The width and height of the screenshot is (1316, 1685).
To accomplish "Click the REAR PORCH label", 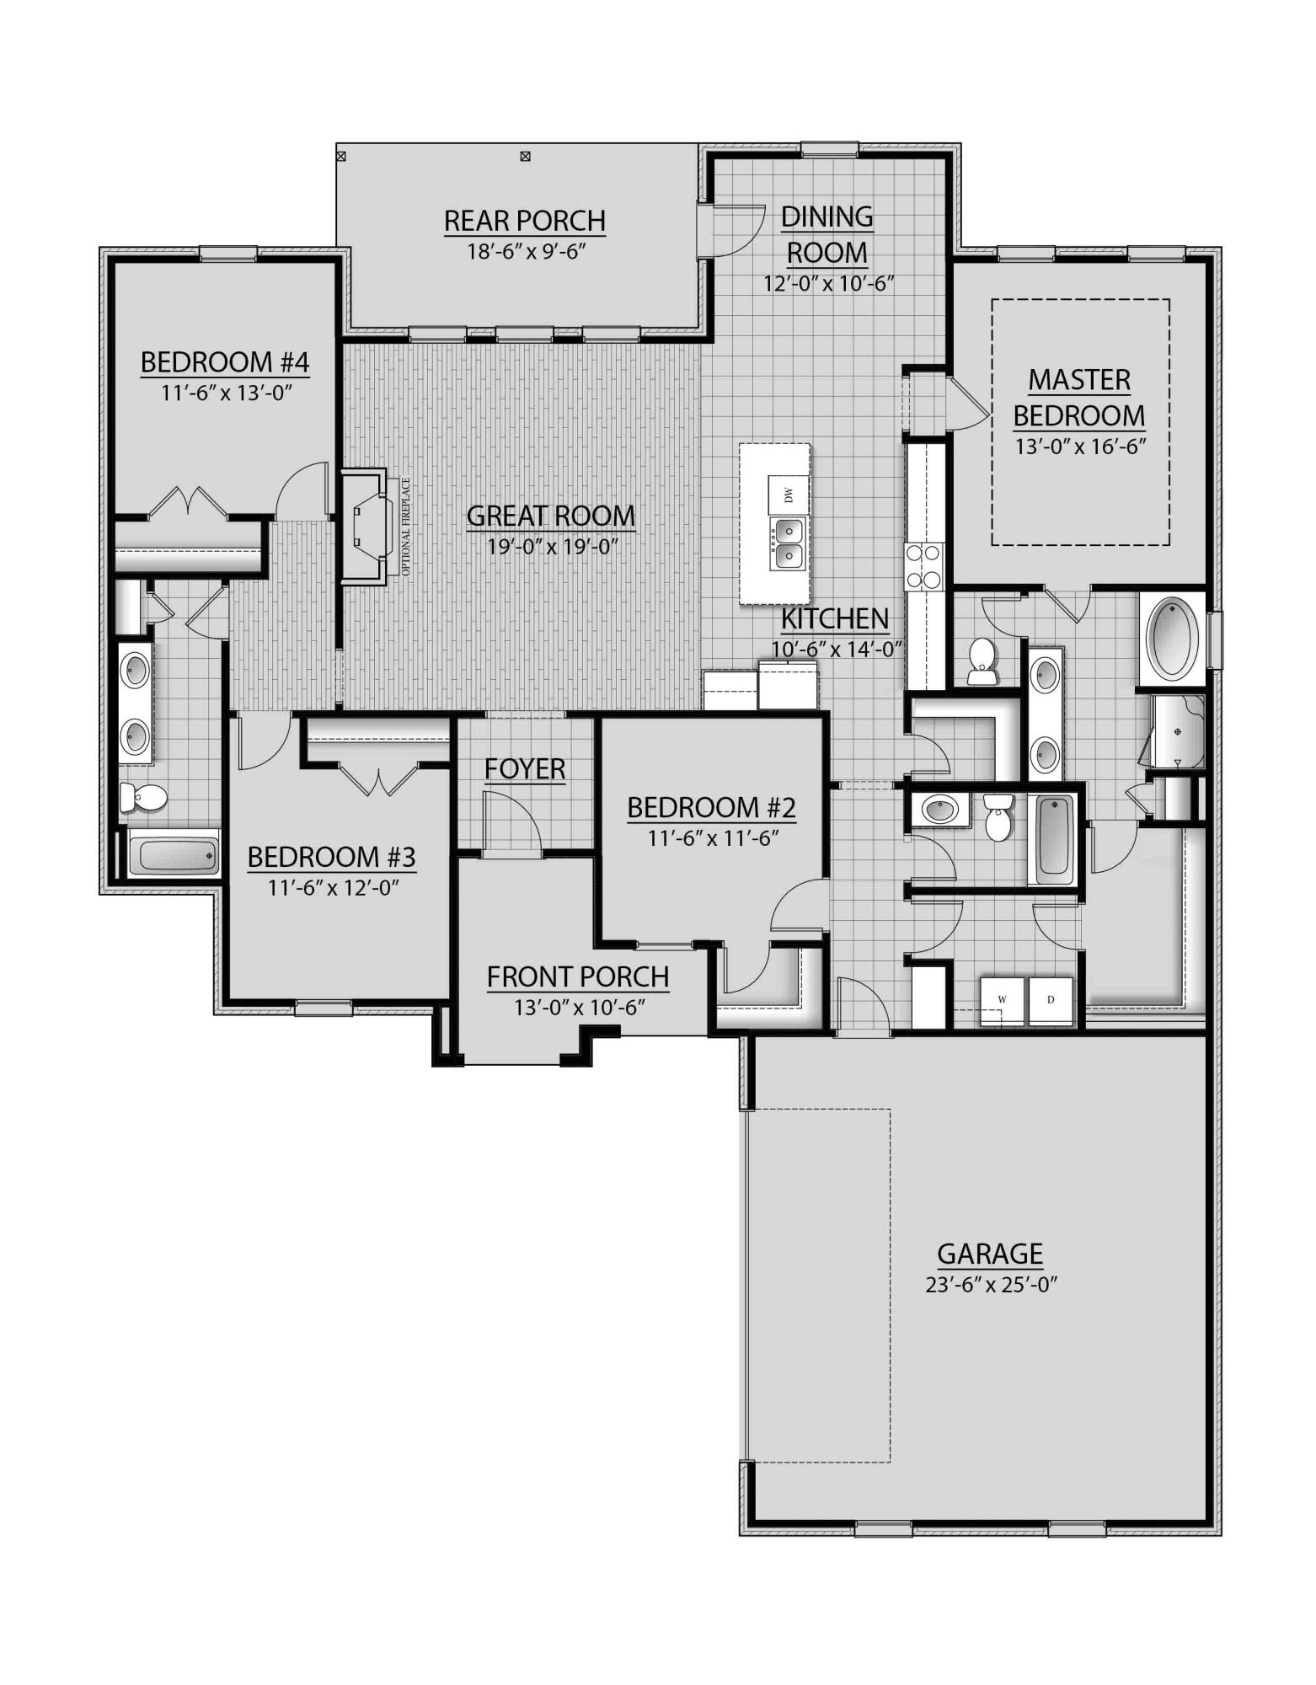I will pos(524,221).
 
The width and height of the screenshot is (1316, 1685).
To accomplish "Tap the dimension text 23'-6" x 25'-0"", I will pos(990,1285).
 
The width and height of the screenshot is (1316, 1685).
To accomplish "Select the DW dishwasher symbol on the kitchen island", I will pos(789,495).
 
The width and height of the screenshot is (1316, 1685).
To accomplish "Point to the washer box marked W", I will pos(1003,1000).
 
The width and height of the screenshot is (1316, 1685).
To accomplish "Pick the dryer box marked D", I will pos(1051,1000).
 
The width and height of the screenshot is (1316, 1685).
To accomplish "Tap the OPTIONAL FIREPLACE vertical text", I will pos(405,527).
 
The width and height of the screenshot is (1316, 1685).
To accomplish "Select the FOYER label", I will pos(525,768).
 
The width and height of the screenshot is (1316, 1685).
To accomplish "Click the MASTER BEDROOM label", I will pos(1078,398).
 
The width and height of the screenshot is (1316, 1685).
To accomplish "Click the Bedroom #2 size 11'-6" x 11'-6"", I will pos(711,838).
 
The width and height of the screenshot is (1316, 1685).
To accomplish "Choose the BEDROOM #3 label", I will pos(331,857).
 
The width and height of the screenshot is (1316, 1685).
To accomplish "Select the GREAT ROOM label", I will pos(551,516).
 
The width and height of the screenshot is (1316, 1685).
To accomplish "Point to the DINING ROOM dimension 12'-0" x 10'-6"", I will pos(827,284).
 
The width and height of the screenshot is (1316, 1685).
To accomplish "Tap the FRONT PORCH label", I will pos(578,977).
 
